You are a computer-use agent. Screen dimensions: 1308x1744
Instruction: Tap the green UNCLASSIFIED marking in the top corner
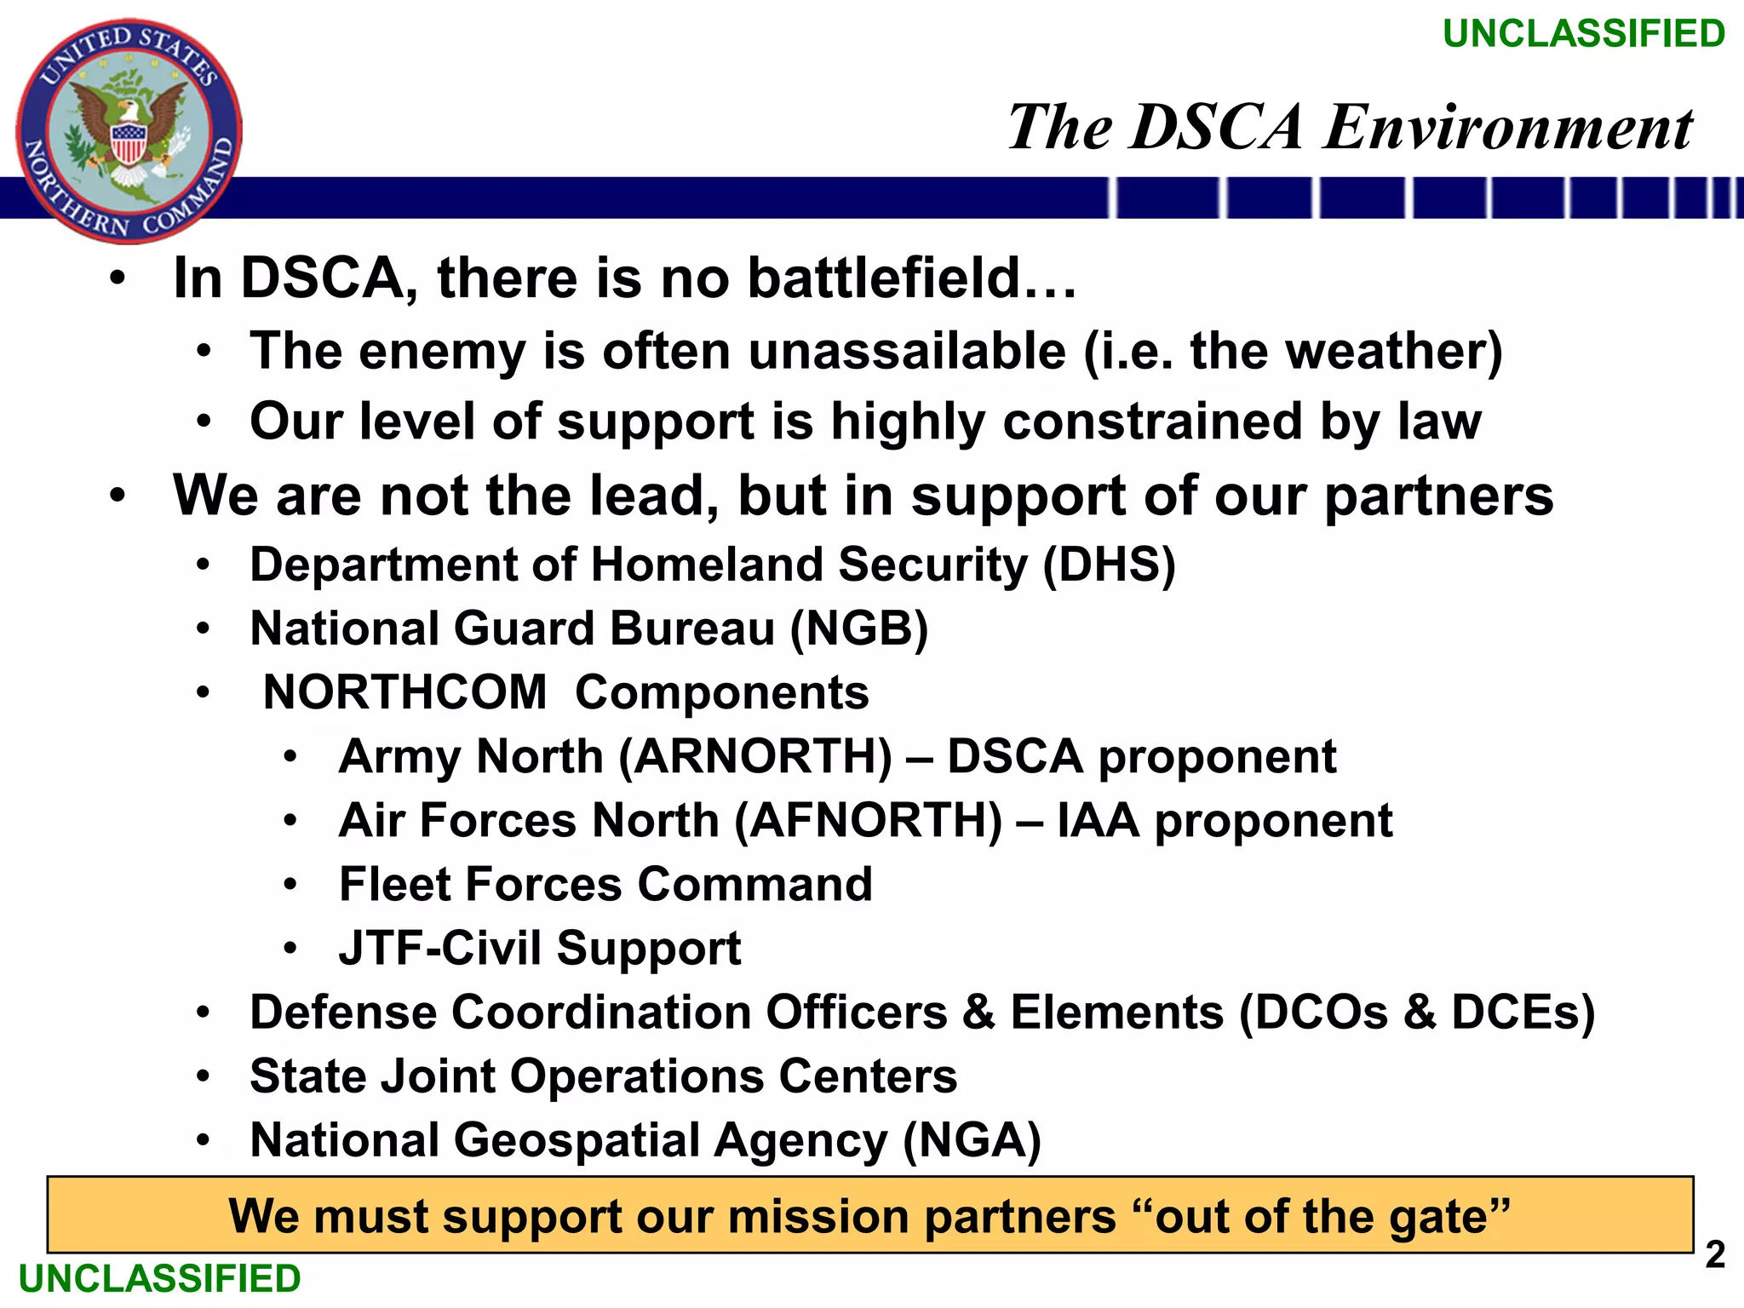[1584, 34]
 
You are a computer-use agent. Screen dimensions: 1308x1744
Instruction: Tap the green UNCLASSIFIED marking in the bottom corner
[160, 1279]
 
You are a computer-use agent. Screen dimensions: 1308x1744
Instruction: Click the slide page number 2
[1715, 1255]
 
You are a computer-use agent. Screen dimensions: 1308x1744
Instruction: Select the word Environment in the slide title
[1508, 128]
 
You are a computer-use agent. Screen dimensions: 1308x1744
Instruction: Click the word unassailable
[907, 351]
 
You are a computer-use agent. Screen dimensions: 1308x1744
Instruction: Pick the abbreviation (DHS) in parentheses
[1110, 565]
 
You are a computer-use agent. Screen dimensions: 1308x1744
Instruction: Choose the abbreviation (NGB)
[859, 628]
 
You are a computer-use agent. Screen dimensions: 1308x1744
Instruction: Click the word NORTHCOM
[405, 692]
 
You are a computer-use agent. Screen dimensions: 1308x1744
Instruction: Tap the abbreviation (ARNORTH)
[755, 756]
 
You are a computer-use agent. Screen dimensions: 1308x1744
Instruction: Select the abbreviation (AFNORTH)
[869, 820]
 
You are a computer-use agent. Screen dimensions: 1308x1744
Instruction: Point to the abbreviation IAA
[1098, 820]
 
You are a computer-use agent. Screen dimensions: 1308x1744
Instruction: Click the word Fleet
[394, 884]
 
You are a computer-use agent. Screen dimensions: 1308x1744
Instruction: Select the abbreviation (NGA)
[972, 1140]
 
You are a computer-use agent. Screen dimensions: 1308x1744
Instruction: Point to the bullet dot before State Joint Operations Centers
[203, 1076]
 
